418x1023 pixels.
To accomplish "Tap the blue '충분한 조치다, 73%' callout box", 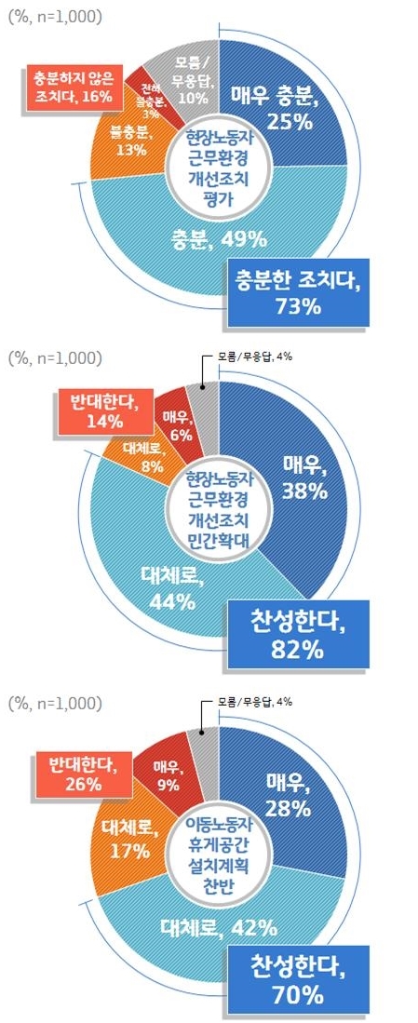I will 295,290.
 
